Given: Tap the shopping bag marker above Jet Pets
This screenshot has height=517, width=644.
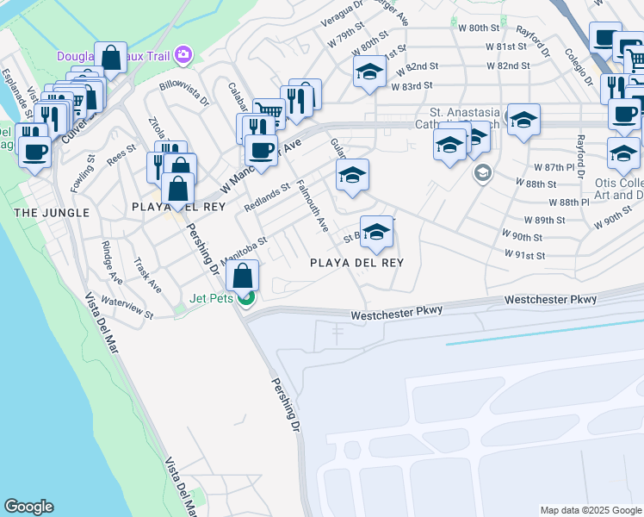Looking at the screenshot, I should click(243, 277).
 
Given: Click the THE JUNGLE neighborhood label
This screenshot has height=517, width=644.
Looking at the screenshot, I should click(51, 212).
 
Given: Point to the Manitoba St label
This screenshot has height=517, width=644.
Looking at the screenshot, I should click(245, 251).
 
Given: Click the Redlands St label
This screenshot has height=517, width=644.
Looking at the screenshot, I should click(267, 197).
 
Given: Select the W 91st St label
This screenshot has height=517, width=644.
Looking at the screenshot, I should click(525, 255).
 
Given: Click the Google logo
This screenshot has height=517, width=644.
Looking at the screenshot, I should click(28, 507).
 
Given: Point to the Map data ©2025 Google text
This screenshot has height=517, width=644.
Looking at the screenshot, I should click(590, 510).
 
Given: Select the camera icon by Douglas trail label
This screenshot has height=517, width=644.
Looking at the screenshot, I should click(183, 56).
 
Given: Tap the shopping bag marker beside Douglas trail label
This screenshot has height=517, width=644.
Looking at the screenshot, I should click(111, 58).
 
